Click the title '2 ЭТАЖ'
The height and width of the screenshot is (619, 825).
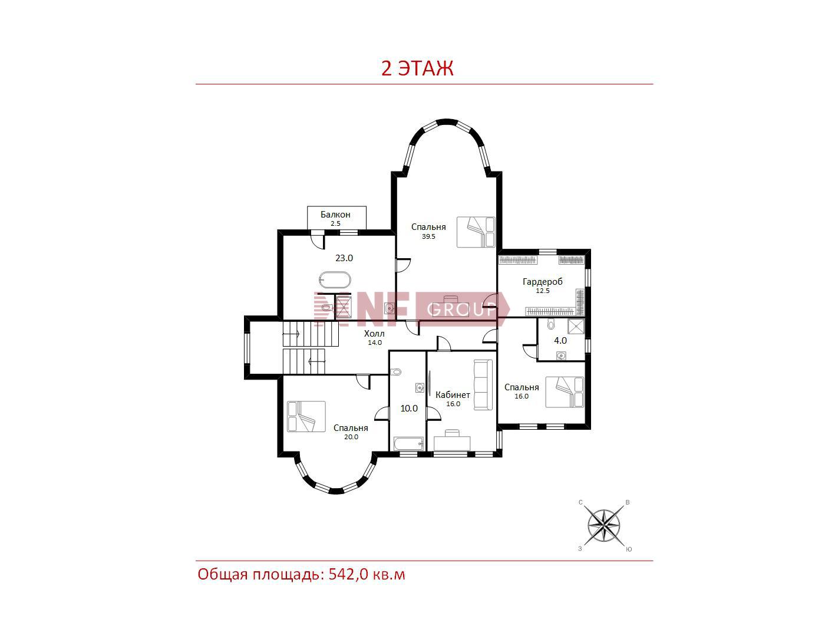pos(417,68)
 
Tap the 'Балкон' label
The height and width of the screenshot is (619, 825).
pos(335,215)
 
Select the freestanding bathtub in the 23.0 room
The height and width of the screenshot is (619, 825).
pos(335,280)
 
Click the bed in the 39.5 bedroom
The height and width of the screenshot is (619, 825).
pos(476,232)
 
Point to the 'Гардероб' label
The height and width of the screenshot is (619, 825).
pos(542,282)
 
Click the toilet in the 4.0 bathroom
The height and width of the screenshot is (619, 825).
pos(551,324)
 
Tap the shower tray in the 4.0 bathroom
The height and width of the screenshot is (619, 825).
pos(576,326)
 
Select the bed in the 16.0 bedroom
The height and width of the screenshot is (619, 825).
pos(565,393)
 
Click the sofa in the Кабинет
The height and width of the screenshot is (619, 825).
pos(483,385)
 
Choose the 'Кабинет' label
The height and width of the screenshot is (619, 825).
pos(453,395)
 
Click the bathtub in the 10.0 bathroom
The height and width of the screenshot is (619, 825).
pos(408,444)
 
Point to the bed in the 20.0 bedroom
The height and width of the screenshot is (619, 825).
pos(306,416)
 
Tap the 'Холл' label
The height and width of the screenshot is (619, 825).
pos(374,334)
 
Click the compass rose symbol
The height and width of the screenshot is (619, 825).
pos(603,526)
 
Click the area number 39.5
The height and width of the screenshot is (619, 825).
pos(428,237)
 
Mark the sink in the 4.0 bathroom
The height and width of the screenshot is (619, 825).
pos(561,355)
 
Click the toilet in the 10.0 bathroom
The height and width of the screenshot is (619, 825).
pos(396,372)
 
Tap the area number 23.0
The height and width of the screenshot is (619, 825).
pos(344,258)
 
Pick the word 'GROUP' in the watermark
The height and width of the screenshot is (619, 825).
pos(461,310)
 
